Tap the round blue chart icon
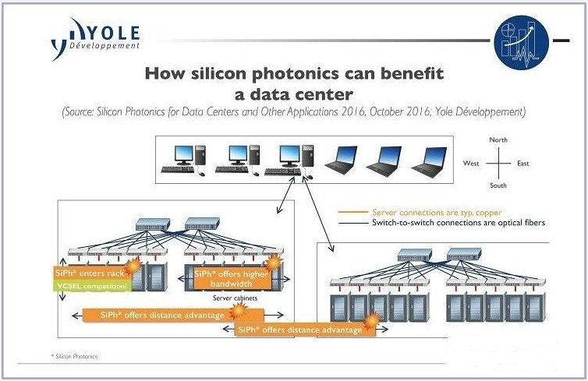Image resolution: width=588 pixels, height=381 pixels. [521, 42]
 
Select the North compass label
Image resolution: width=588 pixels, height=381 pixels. [498, 139]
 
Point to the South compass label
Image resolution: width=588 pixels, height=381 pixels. [498, 185]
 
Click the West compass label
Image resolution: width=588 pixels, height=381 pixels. [470, 164]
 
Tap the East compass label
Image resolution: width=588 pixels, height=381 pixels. [522, 164]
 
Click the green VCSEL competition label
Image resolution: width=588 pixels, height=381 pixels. [92, 286]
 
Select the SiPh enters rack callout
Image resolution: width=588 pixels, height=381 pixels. [90, 273]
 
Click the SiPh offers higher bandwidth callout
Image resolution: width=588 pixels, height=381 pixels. [231, 279]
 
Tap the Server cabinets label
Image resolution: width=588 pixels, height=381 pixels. [235, 298]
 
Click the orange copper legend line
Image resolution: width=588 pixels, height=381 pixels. [352, 212]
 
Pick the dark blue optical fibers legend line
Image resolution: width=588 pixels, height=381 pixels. [352, 224]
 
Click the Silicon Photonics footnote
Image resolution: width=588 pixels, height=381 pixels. [75, 356]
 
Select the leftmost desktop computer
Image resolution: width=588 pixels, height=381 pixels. [183, 161]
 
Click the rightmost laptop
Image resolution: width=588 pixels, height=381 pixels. [430, 161]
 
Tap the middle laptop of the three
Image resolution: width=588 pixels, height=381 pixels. [384, 161]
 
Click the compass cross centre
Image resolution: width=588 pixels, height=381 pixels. [498, 164]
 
